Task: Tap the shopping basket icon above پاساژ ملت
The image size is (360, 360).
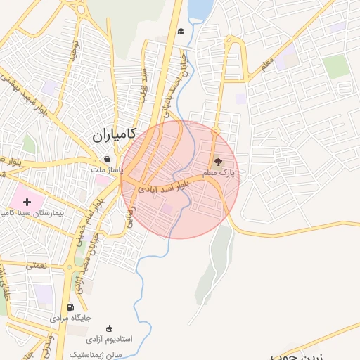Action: [x=107, y=159]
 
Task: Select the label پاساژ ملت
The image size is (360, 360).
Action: [x=107, y=170]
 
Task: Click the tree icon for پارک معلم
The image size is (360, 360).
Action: [x=217, y=162]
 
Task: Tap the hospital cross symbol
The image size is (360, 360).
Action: [x=27, y=202]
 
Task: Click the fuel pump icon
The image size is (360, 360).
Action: [x=70, y=307]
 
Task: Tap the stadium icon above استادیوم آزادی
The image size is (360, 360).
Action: [x=109, y=328]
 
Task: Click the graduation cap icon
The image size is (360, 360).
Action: [x=181, y=31]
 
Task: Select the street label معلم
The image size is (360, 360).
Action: [x=266, y=65]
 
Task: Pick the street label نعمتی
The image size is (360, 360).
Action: [x=35, y=265]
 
